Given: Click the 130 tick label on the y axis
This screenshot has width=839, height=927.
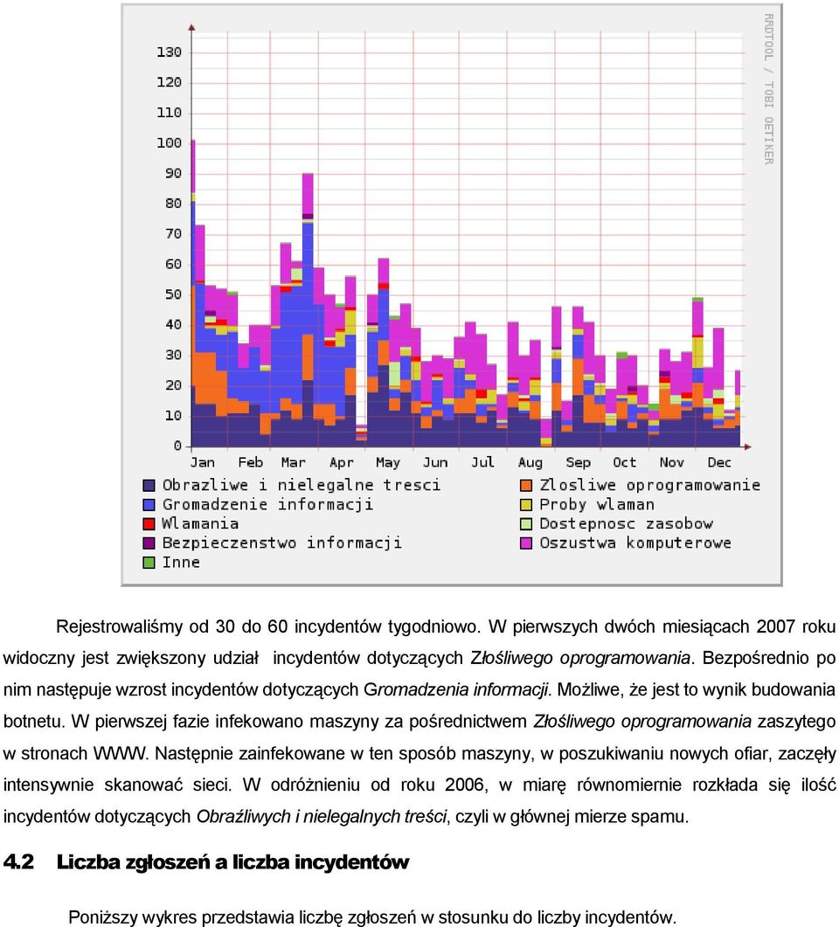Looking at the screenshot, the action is [169, 52].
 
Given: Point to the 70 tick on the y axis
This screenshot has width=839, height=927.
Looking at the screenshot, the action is [173, 233].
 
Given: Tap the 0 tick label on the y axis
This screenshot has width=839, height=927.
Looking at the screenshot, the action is [177, 446].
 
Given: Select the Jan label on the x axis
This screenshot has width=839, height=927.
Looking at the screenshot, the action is [202, 462].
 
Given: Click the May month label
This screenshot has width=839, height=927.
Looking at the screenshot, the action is [388, 463].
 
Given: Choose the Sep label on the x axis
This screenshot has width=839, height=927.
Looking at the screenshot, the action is [578, 463].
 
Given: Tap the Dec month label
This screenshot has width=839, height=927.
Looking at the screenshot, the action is [719, 462].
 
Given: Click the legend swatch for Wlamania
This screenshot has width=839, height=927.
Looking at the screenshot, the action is [149, 524].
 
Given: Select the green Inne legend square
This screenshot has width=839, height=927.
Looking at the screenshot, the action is [149, 563].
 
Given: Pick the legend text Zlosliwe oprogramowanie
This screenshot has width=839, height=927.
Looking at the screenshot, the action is [650, 486].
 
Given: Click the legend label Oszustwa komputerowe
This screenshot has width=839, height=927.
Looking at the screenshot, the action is [635, 543].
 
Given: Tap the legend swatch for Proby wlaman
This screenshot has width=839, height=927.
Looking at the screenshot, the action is [525, 505].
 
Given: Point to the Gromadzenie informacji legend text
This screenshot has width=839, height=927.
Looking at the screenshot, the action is [267, 504].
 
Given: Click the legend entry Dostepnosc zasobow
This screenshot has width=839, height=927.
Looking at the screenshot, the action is [626, 524].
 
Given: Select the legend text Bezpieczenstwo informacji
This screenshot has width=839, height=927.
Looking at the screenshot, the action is [282, 543].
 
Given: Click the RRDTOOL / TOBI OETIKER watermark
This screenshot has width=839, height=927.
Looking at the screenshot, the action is [768, 89].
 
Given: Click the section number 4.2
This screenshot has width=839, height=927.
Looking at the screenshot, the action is [18, 862].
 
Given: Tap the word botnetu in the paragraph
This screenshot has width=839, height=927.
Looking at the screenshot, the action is [33, 722].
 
